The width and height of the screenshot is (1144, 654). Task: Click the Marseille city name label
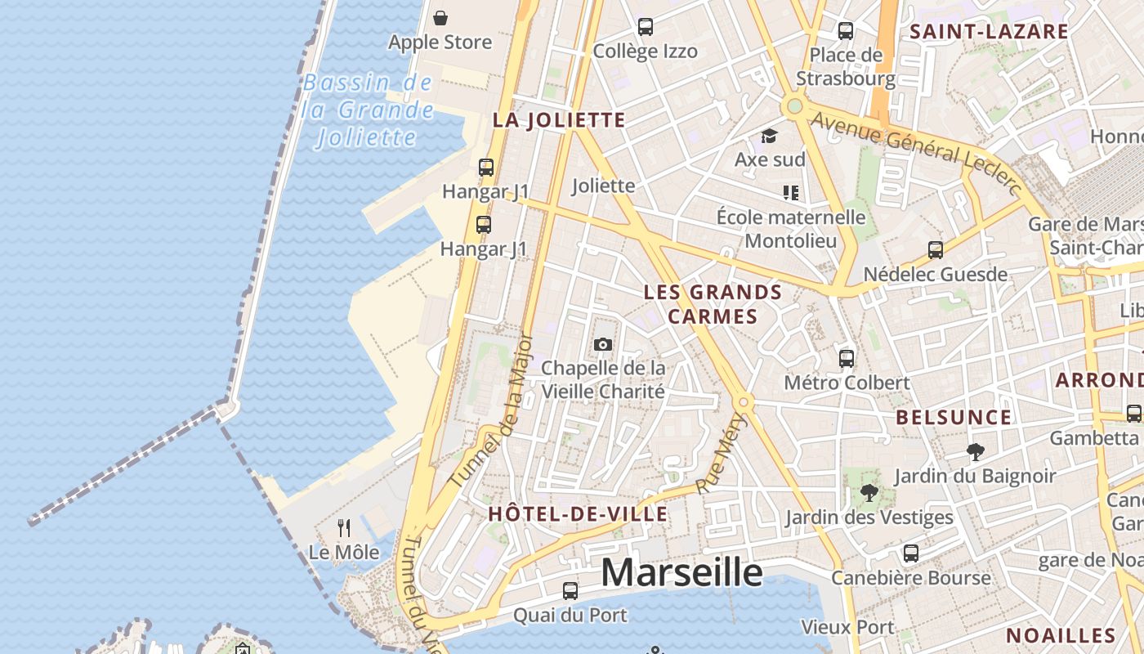(x=681, y=572)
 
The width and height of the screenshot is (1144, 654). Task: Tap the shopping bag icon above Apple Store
(x=440, y=18)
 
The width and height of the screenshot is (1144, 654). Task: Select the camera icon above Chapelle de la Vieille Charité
(x=603, y=344)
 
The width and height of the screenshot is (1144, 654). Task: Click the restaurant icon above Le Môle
(x=344, y=528)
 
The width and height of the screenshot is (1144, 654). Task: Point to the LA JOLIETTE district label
(x=559, y=121)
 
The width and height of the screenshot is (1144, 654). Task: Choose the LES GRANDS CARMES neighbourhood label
(x=713, y=304)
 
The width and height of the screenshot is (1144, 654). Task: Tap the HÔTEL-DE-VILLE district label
(x=578, y=514)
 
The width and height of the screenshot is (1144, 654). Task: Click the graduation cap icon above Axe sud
(x=769, y=136)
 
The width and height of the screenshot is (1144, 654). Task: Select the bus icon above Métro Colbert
(x=847, y=358)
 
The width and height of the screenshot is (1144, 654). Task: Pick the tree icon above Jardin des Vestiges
(x=869, y=493)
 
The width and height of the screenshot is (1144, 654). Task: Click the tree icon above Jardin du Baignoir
(x=975, y=451)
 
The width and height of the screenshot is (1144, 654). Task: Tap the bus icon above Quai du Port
(x=570, y=590)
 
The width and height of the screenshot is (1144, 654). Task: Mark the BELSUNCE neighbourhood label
(x=954, y=418)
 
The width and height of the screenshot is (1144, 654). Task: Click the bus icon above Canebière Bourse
(x=911, y=553)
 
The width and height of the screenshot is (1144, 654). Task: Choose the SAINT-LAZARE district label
(x=989, y=32)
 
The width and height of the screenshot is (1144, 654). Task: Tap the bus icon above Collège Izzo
(x=646, y=27)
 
